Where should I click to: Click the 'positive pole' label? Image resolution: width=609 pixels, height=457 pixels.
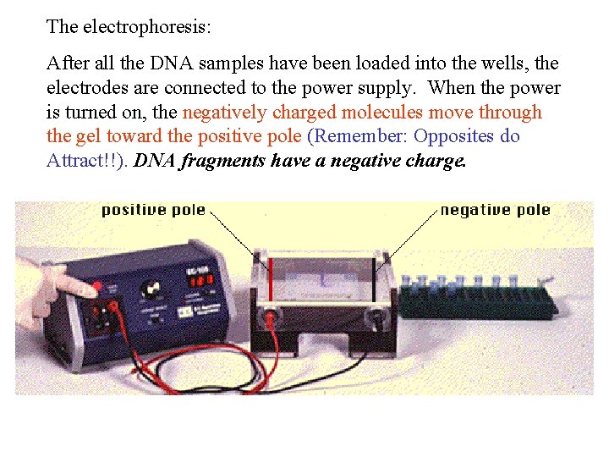[x=153, y=210]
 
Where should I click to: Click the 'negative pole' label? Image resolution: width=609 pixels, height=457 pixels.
[x=495, y=210]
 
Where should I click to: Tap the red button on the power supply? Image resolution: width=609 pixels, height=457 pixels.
[x=96, y=286]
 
